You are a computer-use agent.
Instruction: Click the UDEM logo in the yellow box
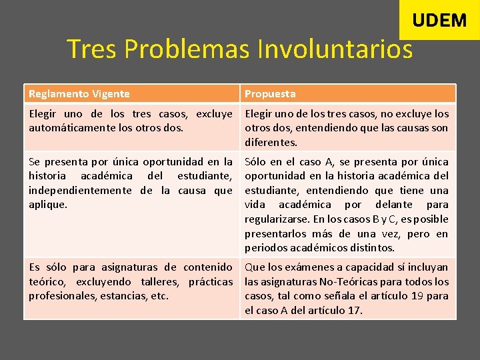point(439,21)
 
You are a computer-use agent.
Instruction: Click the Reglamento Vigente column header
point(79,94)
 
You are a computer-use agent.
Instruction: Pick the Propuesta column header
point(270,94)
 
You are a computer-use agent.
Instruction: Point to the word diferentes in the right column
point(271,143)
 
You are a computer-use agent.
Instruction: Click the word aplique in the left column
point(47,205)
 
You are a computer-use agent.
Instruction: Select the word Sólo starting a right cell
point(256,161)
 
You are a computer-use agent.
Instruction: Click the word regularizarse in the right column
point(277,219)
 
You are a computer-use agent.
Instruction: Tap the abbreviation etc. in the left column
point(159,296)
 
